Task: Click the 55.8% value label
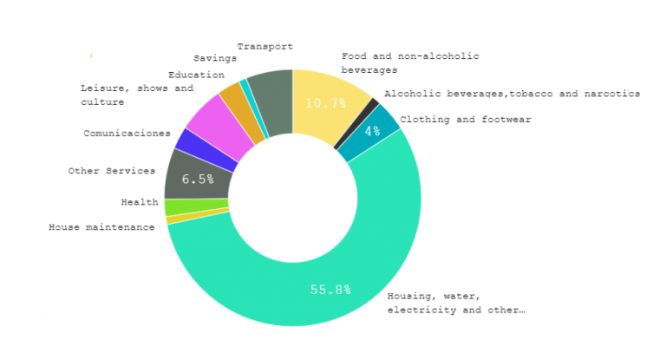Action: pos(330,290)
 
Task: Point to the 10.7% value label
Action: pos(325,103)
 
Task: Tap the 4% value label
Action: pos(372,131)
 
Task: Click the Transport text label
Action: pos(264,47)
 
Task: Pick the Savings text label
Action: pos(215,58)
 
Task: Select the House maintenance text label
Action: pos(101,227)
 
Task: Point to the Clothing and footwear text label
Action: pos(466,120)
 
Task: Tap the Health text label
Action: pos(139,202)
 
